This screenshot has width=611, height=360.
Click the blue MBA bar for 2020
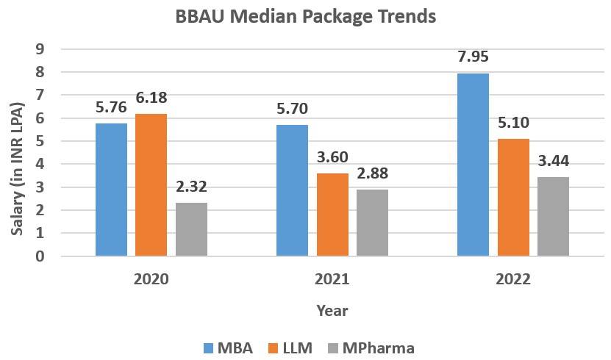[111, 190]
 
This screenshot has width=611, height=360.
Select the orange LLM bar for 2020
[151, 185]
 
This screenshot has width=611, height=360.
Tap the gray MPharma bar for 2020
[191, 229]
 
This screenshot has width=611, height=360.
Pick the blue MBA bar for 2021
[292, 190]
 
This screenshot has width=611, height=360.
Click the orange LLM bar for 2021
[332, 215]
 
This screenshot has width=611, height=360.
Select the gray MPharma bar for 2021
[372, 223]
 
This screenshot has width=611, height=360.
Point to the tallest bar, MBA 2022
[473, 165]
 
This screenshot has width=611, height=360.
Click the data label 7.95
[473, 57]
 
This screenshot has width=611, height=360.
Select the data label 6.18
[151, 98]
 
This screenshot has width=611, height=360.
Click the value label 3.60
[332, 157]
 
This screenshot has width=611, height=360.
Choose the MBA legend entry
[228, 348]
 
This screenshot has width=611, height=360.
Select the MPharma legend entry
[372, 348]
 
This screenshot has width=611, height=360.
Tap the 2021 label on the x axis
[332, 280]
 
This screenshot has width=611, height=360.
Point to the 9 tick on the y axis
[41, 49]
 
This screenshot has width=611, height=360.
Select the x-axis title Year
[332, 310]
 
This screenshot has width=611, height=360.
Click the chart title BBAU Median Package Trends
[305, 16]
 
